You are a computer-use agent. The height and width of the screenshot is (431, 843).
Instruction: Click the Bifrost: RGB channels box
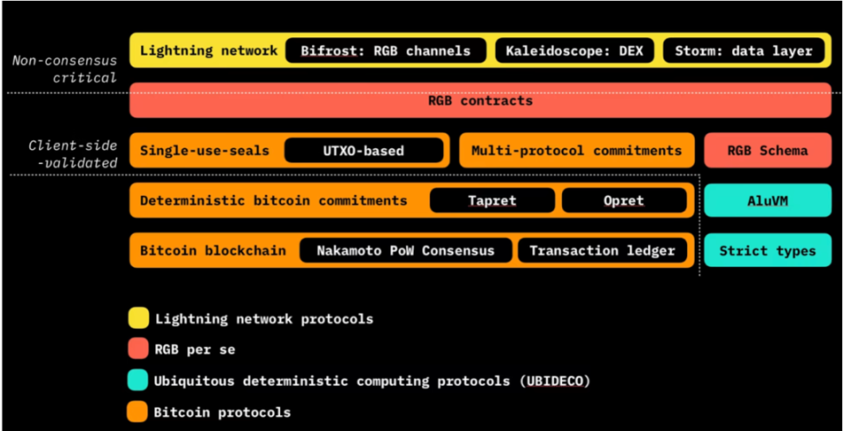(385, 50)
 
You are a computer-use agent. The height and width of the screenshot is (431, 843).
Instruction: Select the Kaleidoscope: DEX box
(574, 50)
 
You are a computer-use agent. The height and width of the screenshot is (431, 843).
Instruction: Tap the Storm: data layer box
(743, 50)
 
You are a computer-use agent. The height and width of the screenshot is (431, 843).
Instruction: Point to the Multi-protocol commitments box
(576, 151)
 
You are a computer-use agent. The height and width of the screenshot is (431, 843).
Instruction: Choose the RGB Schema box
(768, 151)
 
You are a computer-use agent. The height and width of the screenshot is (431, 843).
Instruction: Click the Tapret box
(492, 200)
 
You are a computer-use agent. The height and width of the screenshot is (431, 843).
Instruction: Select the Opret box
(624, 200)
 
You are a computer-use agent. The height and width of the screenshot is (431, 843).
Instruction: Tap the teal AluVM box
(768, 200)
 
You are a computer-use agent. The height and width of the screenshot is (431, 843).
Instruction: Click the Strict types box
(768, 251)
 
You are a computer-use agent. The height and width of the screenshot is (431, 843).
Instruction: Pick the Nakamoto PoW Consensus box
(405, 251)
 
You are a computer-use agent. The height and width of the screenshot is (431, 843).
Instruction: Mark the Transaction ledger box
(602, 251)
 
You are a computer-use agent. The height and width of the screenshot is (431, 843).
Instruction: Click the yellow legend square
(137, 318)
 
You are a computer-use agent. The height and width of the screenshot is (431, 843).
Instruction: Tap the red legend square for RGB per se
(137, 349)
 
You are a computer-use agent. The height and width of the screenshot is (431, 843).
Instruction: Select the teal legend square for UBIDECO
(137, 381)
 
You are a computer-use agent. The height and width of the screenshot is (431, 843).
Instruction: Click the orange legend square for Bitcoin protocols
(137, 412)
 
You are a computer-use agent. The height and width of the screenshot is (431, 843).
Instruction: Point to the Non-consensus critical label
(64, 69)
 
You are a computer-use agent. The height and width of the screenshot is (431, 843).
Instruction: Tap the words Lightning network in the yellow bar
(208, 51)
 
